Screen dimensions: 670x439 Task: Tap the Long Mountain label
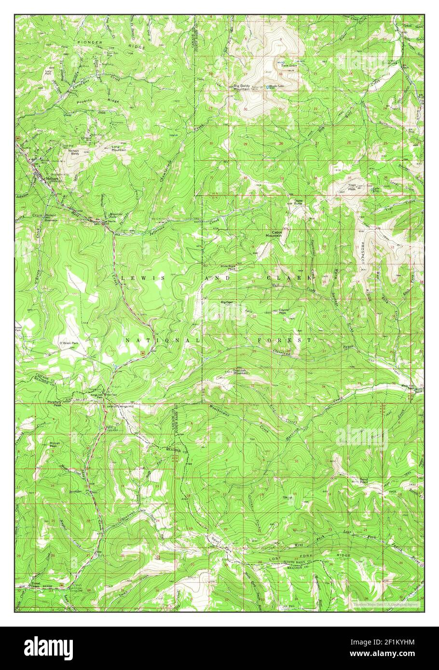click(119, 148)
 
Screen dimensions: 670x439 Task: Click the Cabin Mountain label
click(274, 234)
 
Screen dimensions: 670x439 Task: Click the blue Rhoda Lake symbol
click(269, 87)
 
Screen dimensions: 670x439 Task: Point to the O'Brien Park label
click(68, 343)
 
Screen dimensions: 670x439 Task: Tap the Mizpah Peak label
click(54, 444)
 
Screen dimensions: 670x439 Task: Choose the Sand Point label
click(364, 480)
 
